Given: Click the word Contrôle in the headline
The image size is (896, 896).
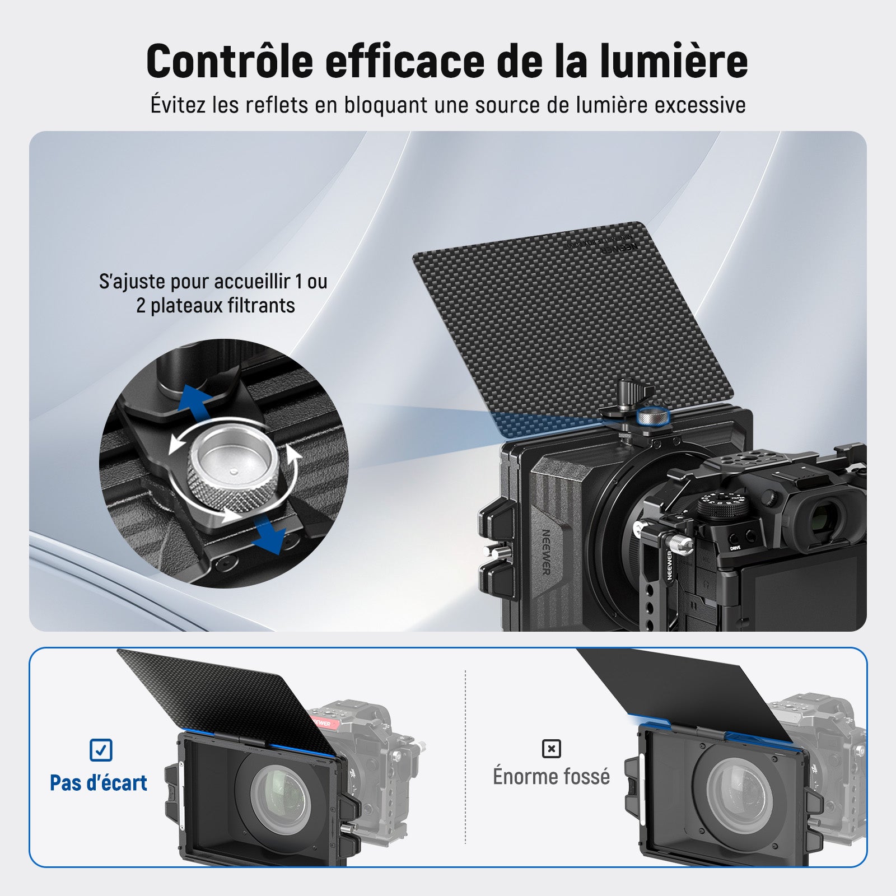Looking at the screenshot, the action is (x=230, y=61).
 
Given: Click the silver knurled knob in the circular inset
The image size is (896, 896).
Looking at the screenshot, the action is (x=232, y=472).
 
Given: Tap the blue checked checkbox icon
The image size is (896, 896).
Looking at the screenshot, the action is (x=101, y=750).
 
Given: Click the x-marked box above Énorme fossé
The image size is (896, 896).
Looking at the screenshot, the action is (x=552, y=749).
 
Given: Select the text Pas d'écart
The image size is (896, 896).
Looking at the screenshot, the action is (x=99, y=783).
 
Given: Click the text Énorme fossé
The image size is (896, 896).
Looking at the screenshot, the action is (x=552, y=777).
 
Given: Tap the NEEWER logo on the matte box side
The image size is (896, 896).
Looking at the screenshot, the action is (x=545, y=552).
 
